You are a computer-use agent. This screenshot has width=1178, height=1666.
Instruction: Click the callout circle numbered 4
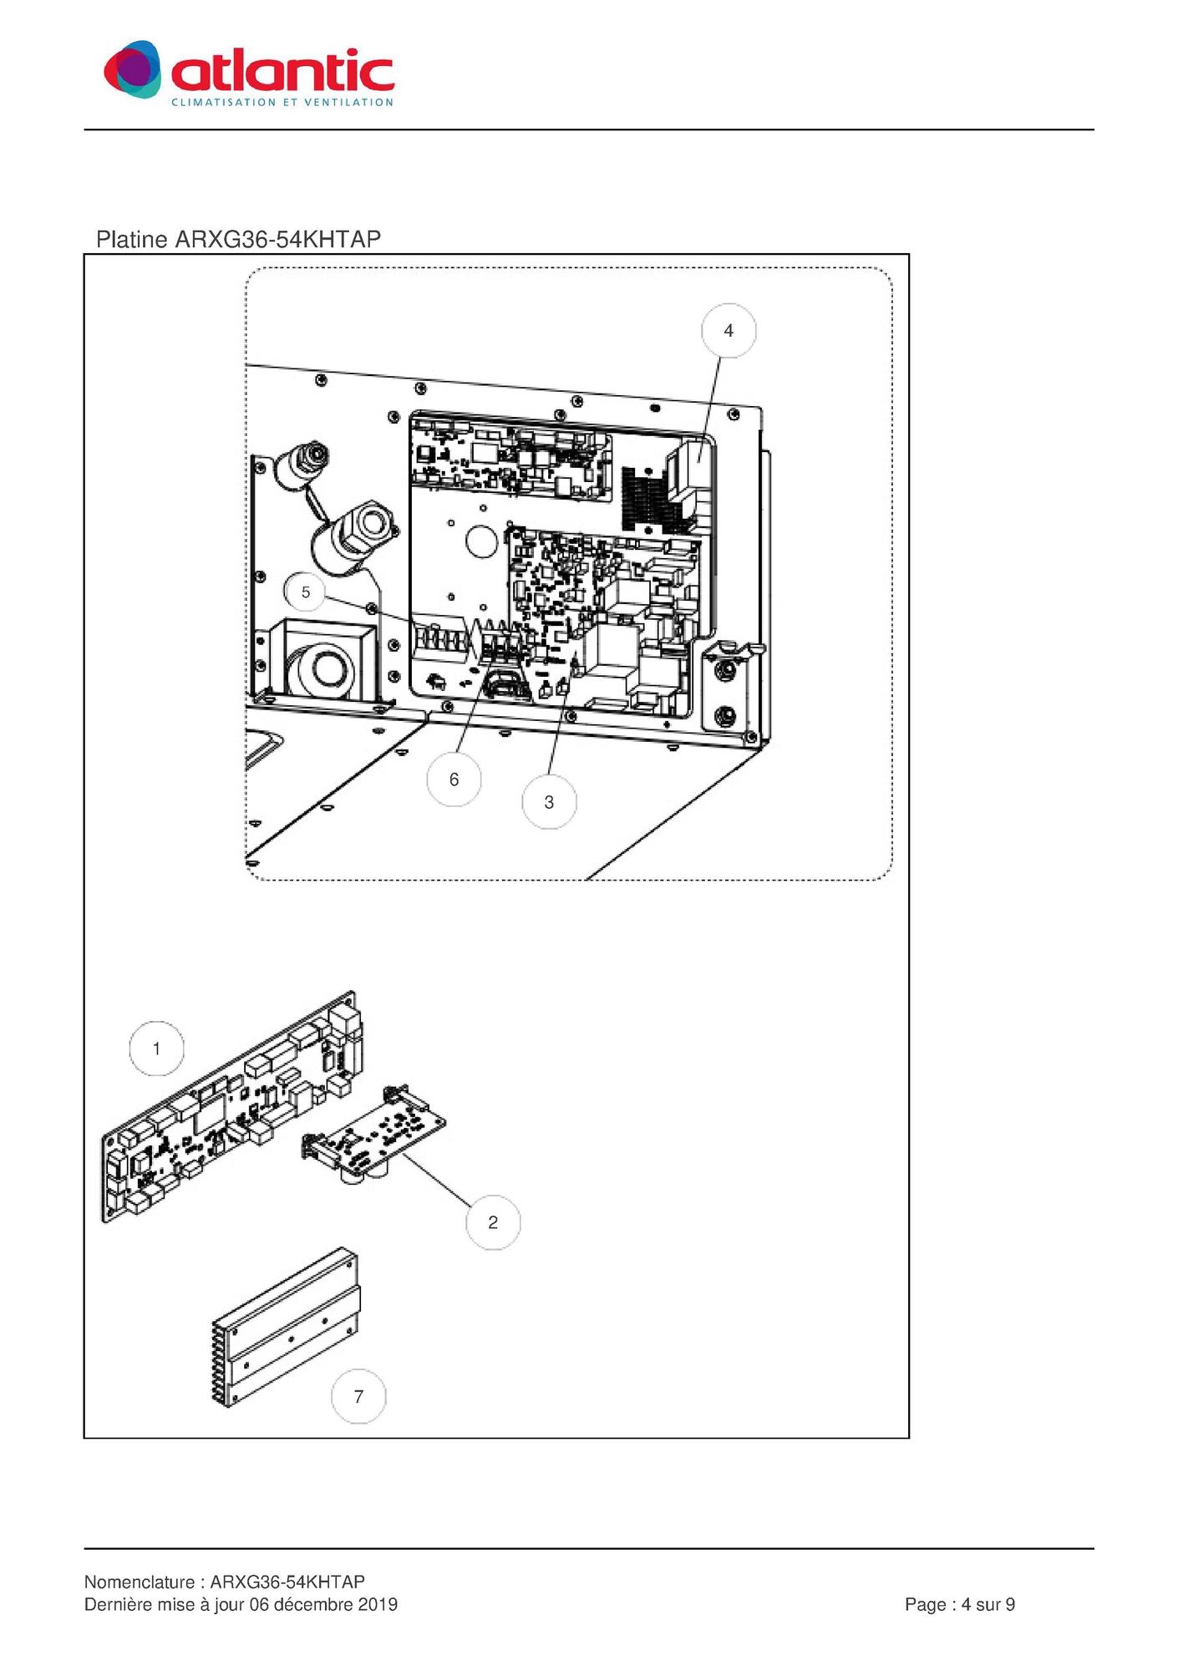click(729, 331)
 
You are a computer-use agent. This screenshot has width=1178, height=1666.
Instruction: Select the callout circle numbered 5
click(306, 592)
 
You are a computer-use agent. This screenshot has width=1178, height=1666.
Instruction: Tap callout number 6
click(454, 780)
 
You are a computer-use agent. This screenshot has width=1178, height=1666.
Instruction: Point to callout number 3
click(549, 802)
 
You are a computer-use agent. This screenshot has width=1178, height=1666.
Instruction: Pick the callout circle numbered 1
click(156, 1049)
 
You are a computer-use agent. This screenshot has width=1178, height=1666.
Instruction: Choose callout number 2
click(493, 1222)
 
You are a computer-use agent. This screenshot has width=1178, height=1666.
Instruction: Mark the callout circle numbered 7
click(358, 1396)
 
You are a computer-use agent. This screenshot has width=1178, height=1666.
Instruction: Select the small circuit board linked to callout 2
click(373, 1134)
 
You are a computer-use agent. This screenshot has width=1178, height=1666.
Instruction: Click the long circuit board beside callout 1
click(233, 1107)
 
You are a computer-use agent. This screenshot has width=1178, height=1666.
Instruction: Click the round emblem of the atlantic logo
click(133, 69)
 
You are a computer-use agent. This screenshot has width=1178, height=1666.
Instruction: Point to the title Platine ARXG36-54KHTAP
click(238, 240)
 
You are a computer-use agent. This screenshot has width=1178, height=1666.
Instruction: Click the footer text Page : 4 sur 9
click(960, 1604)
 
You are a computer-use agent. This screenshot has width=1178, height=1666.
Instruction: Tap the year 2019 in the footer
click(378, 1604)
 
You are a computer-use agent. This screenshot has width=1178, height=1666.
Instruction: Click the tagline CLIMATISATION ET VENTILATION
click(282, 102)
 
